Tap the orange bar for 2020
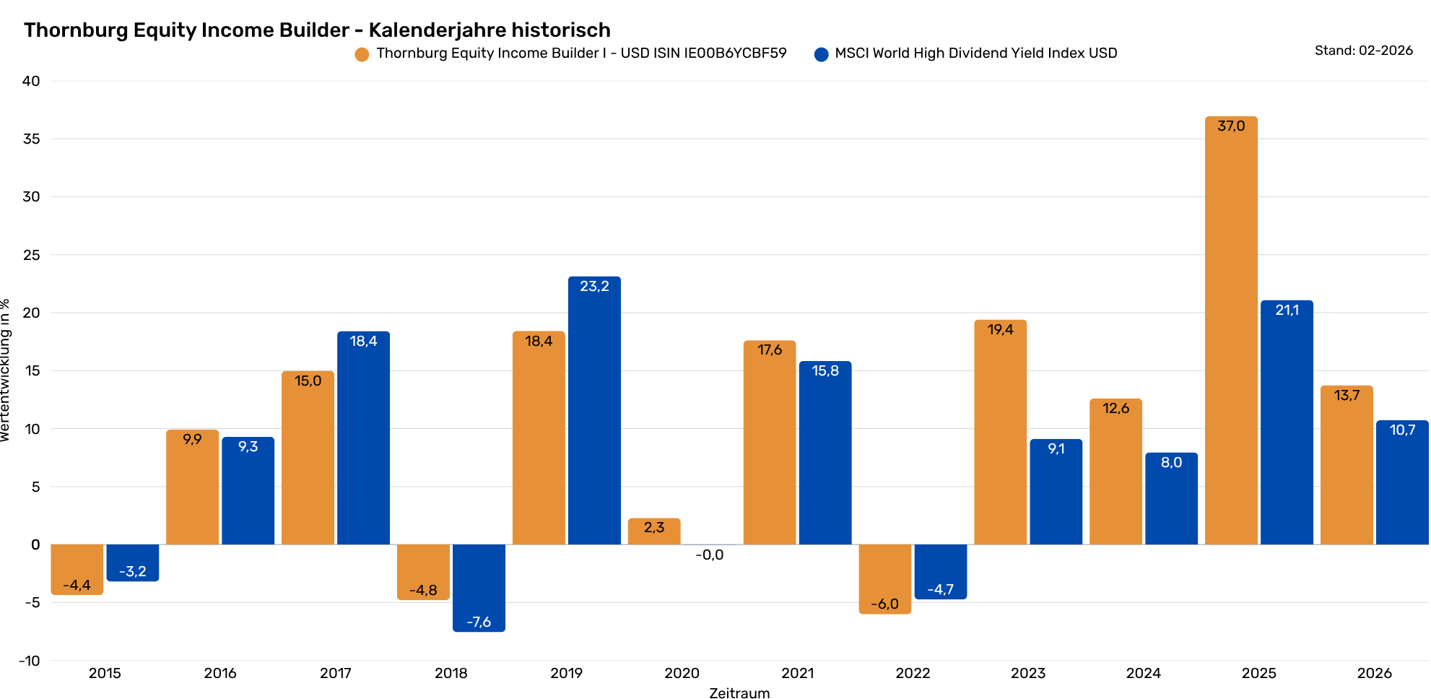pyautogui.click(x=654, y=531)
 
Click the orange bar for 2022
pyautogui.click(x=885, y=578)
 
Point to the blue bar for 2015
pyautogui.click(x=133, y=562)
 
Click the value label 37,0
pyautogui.click(x=1231, y=126)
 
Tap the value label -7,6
pyautogui.click(x=479, y=622)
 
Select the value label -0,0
pyautogui.click(x=710, y=555)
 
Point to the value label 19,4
pyautogui.click(x=1001, y=330)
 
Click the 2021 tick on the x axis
pyautogui.click(x=798, y=673)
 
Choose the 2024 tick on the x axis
pyautogui.click(x=1144, y=673)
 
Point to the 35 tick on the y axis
pyautogui.click(x=31, y=139)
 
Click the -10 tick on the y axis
pyautogui.click(x=30, y=661)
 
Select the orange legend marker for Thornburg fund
pyautogui.click(x=362, y=54)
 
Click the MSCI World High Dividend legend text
pyautogui.click(x=975, y=53)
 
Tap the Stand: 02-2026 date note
pyautogui.click(x=1363, y=51)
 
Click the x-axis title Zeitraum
pyautogui.click(x=739, y=693)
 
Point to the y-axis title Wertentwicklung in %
pyautogui.click(x=6, y=370)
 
